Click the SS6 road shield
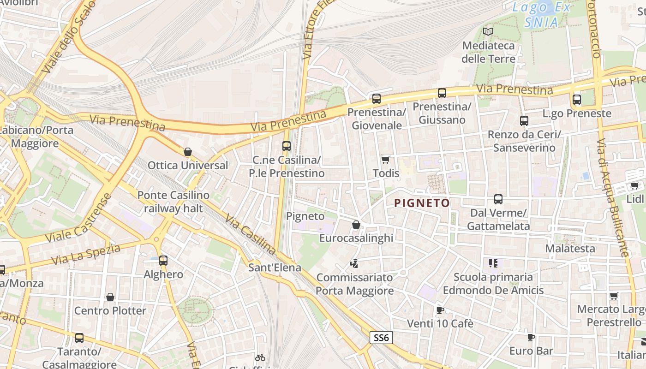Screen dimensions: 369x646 tap(381, 338)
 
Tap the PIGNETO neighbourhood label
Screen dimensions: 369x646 tap(422, 203)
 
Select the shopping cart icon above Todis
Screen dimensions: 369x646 tap(385, 160)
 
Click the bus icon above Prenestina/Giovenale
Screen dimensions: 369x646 tap(377, 98)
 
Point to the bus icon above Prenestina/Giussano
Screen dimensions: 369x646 tap(442, 93)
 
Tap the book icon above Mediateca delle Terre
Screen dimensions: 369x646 tap(488, 32)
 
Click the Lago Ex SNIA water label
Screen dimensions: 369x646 tap(542, 14)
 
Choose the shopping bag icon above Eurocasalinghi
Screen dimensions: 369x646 tap(356, 225)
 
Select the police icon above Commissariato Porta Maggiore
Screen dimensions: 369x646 tap(354, 264)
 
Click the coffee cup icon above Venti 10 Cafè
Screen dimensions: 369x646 tap(440, 310)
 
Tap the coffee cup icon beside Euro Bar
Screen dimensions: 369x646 tap(531, 337)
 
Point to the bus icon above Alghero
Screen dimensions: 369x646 tap(163, 260)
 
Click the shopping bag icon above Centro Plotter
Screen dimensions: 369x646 tap(110, 297)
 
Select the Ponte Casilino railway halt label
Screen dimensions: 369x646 tap(173, 202)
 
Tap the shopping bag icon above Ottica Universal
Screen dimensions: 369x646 tap(187, 152)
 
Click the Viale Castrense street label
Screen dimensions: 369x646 tap(79, 219)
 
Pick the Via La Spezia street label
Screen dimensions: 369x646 tap(86, 254)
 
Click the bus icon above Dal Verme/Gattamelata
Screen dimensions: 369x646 tap(498, 199)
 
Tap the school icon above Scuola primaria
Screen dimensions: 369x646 tap(493, 263)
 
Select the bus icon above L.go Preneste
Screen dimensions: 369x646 tap(577, 99)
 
